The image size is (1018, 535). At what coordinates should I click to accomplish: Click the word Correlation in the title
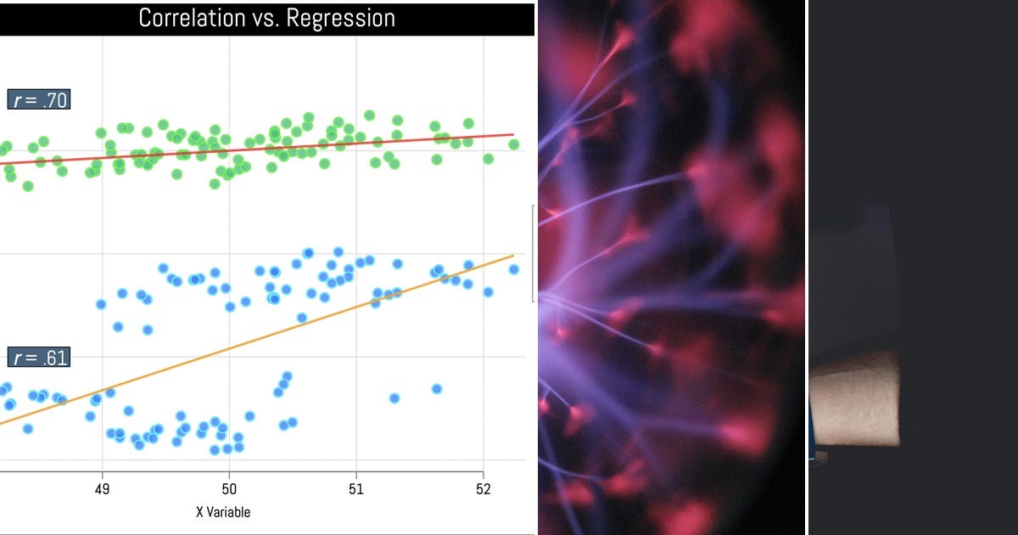tap(190, 19)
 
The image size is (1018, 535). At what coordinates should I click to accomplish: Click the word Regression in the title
tap(343, 19)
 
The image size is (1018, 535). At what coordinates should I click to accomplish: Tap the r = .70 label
tap(39, 100)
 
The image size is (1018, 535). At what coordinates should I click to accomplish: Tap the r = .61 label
tap(39, 358)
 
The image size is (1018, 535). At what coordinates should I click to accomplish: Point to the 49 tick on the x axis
tap(103, 490)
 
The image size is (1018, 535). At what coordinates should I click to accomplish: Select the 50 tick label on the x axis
tap(229, 490)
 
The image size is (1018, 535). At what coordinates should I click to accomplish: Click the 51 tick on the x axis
tap(355, 490)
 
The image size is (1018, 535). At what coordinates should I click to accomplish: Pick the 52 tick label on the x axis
tap(483, 490)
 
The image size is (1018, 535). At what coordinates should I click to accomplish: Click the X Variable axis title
tap(223, 512)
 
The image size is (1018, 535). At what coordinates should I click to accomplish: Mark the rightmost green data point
tap(513, 144)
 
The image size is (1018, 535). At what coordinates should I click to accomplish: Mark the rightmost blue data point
tap(513, 269)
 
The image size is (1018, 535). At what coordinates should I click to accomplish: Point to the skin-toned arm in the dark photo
tap(853, 399)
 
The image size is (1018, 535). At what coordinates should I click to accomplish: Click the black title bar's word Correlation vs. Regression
tap(266, 19)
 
